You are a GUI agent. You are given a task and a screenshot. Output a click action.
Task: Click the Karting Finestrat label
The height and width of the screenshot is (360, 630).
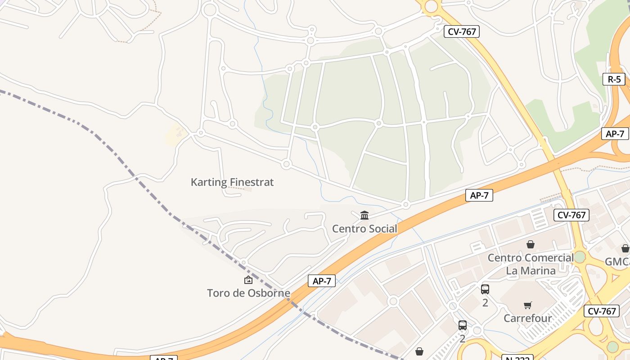(x=232, y=182)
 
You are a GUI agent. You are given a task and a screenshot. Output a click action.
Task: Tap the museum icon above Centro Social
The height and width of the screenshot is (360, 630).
(x=364, y=216)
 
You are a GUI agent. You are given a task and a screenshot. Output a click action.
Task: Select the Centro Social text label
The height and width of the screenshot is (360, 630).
(x=364, y=229)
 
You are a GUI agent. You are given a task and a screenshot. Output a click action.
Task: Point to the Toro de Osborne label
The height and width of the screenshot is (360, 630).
(x=248, y=293)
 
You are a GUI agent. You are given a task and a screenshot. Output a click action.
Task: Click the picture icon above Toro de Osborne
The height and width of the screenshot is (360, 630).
(x=248, y=280)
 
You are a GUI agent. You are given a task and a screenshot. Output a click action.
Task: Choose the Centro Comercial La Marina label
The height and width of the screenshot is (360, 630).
(x=531, y=264)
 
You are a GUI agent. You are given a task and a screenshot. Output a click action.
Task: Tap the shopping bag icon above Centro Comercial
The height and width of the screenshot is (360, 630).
(x=531, y=244)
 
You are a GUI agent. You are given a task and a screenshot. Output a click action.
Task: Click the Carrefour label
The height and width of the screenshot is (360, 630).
(x=527, y=318)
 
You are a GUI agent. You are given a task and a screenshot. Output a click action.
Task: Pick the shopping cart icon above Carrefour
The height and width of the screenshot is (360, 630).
(x=528, y=306)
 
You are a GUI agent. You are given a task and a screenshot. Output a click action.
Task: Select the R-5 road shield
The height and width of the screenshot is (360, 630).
(x=614, y=79)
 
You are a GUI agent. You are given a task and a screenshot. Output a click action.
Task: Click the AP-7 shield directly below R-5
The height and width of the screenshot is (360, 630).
(x=615, y=134)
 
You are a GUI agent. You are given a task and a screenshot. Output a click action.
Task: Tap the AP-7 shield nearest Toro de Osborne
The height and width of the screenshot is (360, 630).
(x=322, y=281)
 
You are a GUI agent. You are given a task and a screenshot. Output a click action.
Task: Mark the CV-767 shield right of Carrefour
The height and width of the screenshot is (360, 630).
(x=602, y=311)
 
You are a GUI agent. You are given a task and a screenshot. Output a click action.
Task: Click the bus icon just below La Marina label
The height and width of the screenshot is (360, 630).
(x=485, y=289)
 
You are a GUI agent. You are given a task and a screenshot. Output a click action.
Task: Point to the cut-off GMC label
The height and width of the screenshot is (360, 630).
(x=617, y=261)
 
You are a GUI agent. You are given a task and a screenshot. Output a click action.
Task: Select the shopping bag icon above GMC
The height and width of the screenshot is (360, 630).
(x=625, y=248)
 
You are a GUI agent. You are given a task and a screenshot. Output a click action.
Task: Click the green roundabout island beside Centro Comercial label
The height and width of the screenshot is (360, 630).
(x=580, y=257)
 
